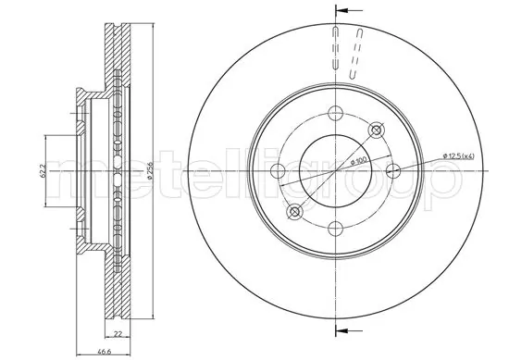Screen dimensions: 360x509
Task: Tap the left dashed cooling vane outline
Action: click(x=331, y=48)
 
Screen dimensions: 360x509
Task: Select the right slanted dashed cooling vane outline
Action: click(x=356, y=50)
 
